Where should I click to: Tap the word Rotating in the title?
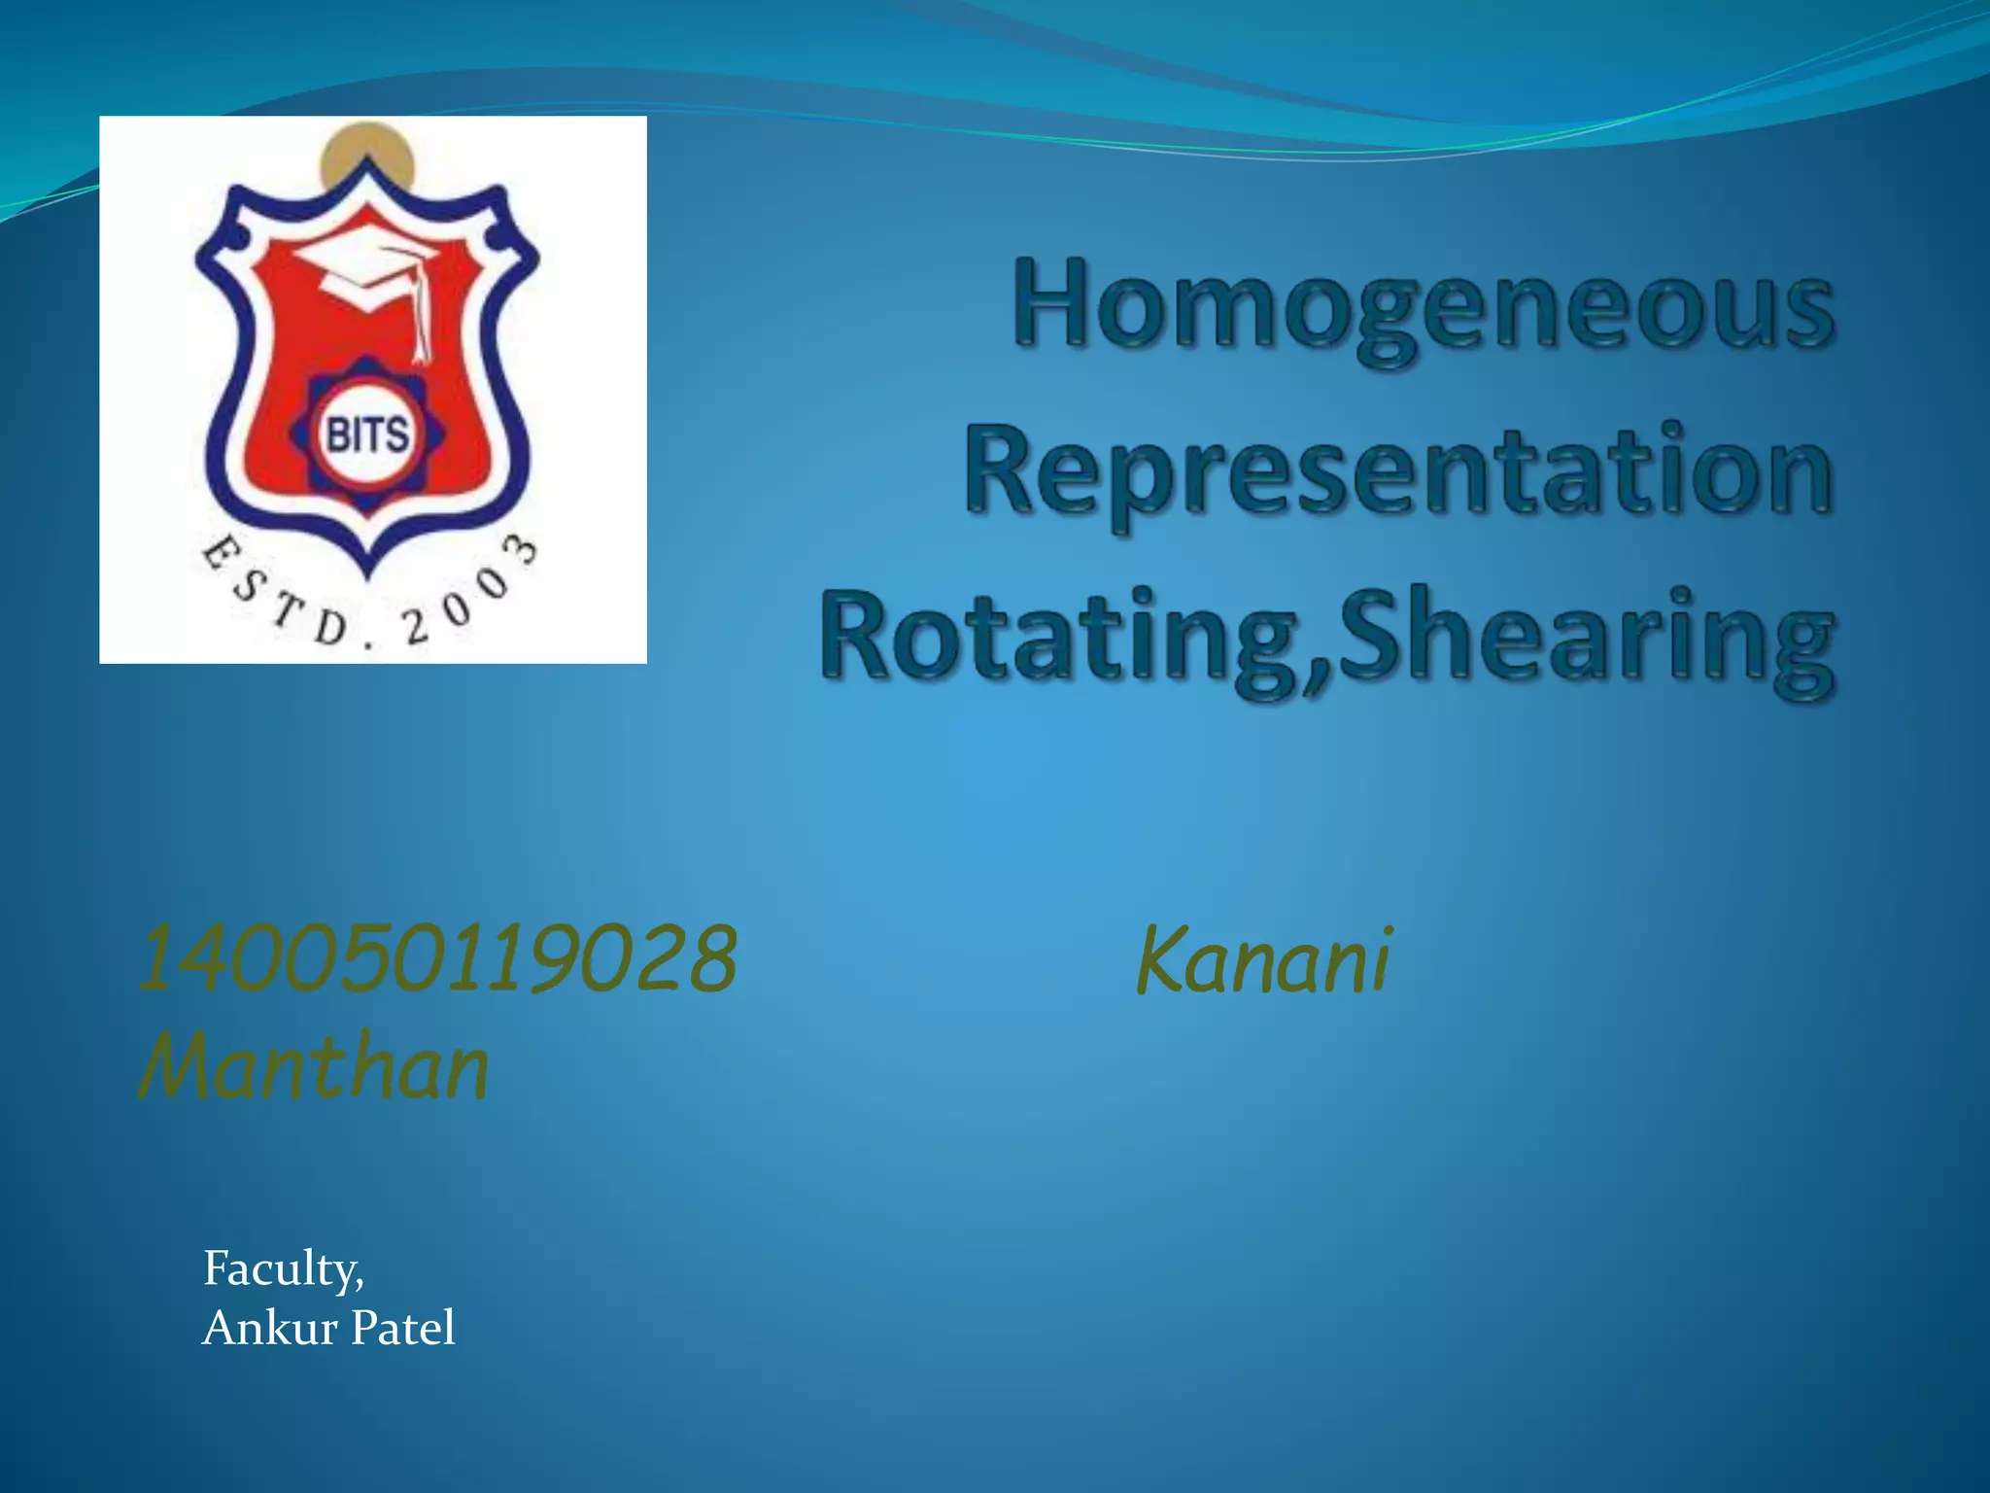click(x=1059, y=637)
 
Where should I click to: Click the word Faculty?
click(x=283, y=1268)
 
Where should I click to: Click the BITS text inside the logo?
click(x=367, y=434)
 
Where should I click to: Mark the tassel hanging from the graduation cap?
click(x=420, y=321)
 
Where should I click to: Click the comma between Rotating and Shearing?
click(x=1319, y=674)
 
